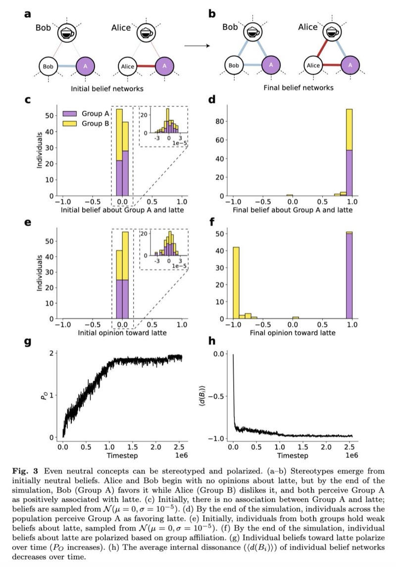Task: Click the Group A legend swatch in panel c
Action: (x=67, y=113)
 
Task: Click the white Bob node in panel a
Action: (x=48, y=65)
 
